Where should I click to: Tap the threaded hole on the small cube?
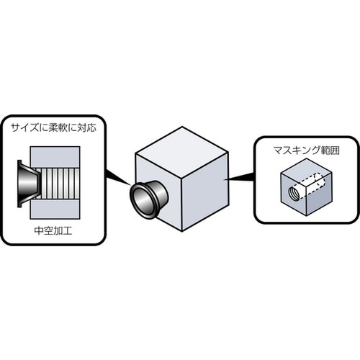pos(294,193)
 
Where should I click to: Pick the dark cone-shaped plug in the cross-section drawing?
pos(27,184)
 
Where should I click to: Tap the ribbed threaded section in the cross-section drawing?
pos(58,184)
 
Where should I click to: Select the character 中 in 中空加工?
pos(37,232)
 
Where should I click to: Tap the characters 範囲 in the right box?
pos(323,150)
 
